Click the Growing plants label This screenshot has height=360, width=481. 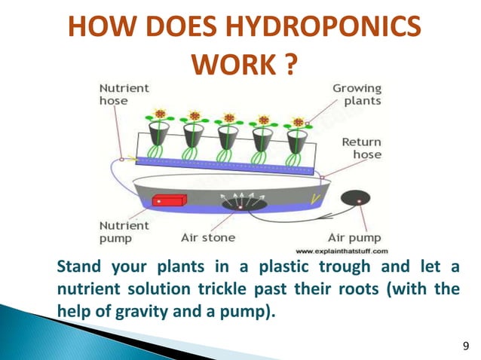click(x=357, y=93)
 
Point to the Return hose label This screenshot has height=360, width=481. click(x=361, y=148)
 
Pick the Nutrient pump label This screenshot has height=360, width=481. click(x=120, y=230)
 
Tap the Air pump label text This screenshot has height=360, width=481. click(x=359, y=236)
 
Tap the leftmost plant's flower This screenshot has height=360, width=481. click(x=159, y=115)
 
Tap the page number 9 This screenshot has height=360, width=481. click(x=464, y=345)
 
